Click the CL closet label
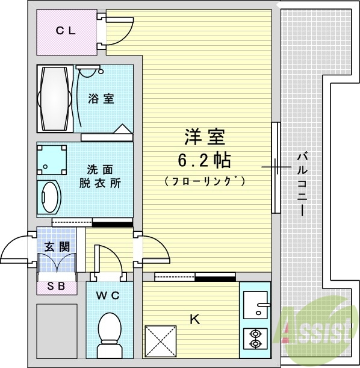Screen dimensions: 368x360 (66, 31)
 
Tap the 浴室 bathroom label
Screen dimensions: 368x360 (101, 98)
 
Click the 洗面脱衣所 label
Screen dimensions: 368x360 (100, 176)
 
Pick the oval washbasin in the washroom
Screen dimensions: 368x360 (49, 196)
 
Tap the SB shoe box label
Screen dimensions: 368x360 (57, 286)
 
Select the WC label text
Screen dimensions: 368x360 (108, 296)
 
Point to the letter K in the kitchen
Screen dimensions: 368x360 (194, 320)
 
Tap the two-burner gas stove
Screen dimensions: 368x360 (255, 338)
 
